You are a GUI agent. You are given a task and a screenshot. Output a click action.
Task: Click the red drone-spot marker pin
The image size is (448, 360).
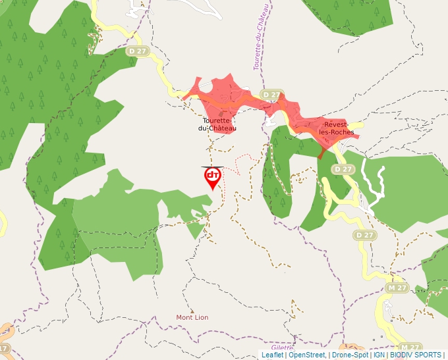[x=212, y=177]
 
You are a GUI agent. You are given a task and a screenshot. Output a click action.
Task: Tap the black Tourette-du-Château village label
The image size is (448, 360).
[x=217, y=124]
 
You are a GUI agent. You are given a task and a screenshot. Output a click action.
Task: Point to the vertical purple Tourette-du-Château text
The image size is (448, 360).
[x=261, y=36]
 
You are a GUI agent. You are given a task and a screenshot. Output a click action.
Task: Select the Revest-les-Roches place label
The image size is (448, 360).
[x=337, y=128]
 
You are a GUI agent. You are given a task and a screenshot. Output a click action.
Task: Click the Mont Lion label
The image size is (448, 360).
[x=192, y=317]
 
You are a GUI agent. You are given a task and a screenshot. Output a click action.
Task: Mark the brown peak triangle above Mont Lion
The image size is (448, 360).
[x=192, y=311]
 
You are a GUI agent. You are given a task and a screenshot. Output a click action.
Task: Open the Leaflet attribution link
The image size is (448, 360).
[x=272, y=355]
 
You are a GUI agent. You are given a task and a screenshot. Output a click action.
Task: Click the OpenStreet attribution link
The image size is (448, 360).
[x=306, y=355]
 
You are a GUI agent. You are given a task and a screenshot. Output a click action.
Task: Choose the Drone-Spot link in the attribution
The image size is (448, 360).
[x=350, y=355]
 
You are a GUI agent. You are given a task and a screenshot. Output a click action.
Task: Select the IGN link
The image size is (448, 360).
[x=379, y=355]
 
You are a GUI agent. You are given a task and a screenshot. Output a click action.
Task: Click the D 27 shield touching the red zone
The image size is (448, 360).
[x=270, y=95]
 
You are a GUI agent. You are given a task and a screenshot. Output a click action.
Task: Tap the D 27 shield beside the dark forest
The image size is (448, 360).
[x=138, y=51]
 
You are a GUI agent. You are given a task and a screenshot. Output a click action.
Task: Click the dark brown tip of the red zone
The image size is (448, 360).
[x=321, y=154]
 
